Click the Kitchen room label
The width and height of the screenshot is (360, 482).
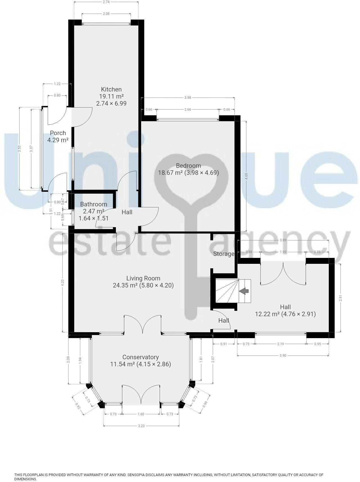(111, 90)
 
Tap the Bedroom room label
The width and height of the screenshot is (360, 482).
(188, 166)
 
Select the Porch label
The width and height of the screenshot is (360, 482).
(58, 133)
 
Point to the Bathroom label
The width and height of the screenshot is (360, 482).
(94, 204)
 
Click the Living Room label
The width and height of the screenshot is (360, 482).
(143, 278)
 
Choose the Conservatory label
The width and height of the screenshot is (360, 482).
(141, 357)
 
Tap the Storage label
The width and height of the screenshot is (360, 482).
(224, 254)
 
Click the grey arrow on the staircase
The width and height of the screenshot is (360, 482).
(244, 291)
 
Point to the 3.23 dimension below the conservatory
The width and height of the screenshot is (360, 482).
(141, 426)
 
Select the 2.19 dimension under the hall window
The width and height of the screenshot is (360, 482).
(280, 344)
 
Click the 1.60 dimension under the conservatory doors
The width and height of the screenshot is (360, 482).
(141, 414)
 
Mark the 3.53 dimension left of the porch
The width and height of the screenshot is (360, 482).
(19, 149)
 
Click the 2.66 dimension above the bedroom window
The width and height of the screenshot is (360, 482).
(188, 110)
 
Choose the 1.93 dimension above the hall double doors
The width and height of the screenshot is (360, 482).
(283, 252)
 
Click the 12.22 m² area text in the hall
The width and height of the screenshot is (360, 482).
(267, 314)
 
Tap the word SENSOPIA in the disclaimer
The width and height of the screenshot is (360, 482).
(137, 475)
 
